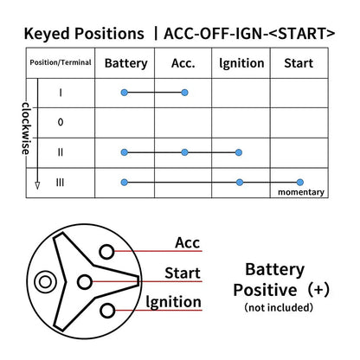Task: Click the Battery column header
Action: tap(125, 63)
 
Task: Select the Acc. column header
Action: tap(183, 63)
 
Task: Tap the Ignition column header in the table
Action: tap(241, 63)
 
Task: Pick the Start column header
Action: tap(299, 63)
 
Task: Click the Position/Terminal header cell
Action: tap(61, 62)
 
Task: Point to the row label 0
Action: tap(61, 122)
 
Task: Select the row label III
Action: tap(60, 183)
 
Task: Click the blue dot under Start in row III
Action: tap(300, 182)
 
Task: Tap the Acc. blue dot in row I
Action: tap(184, 93)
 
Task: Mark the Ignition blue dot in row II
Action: tap(238, 152)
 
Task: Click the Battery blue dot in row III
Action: tap(124, 183)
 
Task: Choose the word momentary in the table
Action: tap(301, 192)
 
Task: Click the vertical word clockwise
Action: tap(26, 128)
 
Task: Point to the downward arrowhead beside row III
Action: tap(37, 185)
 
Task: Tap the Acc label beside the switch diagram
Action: tap(187, 242)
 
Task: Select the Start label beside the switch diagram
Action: tap(183, 273)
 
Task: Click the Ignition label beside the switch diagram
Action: tap(173, 302)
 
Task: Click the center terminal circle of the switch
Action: tap(85, 282)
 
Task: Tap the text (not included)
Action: tap(279, 307)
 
